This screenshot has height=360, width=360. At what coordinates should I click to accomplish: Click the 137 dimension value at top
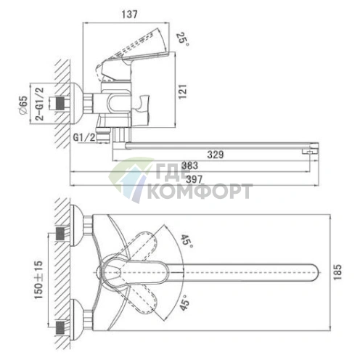[129, 15]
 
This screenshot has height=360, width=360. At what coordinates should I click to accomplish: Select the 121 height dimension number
[183, 91]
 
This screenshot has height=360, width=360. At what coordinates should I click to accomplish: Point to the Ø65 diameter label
[23, 105]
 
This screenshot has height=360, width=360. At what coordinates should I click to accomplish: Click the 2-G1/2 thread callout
[40, 104]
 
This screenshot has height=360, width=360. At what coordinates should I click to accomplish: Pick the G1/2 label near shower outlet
[84, 137]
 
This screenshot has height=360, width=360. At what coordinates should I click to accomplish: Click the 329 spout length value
[216, 155]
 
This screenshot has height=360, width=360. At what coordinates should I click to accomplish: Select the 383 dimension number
[189, 165]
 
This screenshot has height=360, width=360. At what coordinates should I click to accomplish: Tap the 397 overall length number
[195, 179]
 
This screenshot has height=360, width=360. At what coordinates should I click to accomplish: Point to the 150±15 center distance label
[38, 279]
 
